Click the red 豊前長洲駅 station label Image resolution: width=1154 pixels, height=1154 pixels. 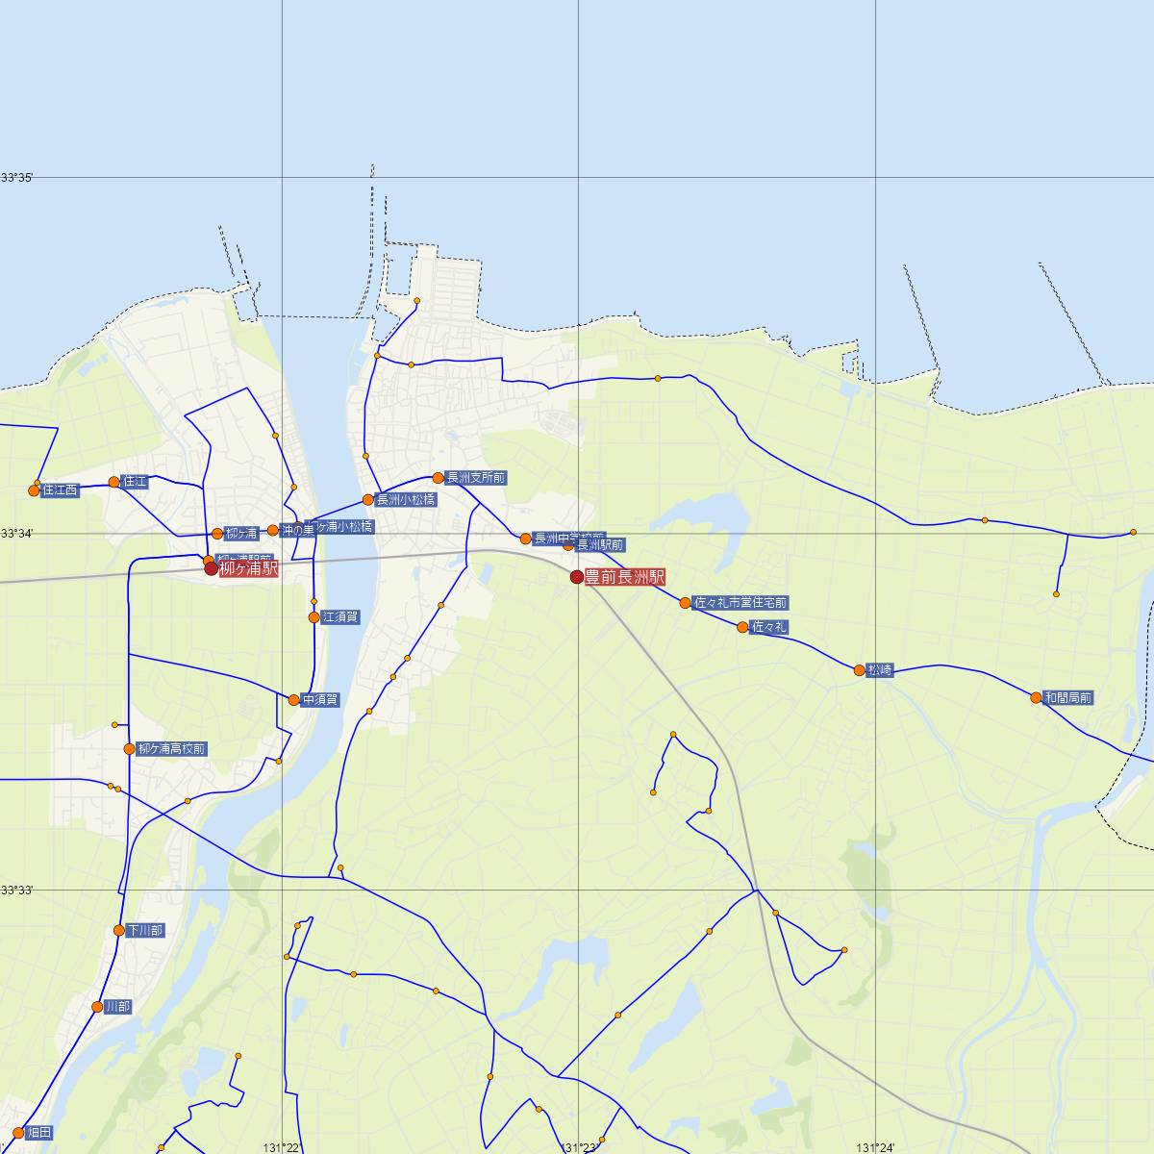coord(624,578)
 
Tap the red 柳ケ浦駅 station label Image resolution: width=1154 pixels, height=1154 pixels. coord(248,569)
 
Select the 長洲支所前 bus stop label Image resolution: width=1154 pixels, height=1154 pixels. coord(475,478)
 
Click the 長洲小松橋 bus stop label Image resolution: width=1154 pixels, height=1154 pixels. coord(405,500)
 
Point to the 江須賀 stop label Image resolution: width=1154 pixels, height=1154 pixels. coord(341,617)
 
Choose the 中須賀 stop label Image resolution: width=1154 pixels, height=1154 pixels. coord(320,700)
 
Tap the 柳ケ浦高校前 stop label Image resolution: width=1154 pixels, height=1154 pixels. coord(172,749)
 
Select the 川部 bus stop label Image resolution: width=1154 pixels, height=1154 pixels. coord(117,1007)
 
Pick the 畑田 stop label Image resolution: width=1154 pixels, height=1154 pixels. coord(39,1132)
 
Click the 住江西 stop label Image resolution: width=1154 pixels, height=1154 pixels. coord(60,490)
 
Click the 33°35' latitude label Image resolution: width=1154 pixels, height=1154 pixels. coord(16,178)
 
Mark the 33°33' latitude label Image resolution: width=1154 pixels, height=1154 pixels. coord(16,891)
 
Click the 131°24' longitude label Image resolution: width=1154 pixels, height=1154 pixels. coord(875,1147)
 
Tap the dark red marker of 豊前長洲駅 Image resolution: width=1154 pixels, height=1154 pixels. coord(577,577)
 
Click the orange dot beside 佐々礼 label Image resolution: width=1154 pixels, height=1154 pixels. coord(742,627)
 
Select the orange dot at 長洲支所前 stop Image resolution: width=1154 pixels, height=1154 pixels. coord(438,478)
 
